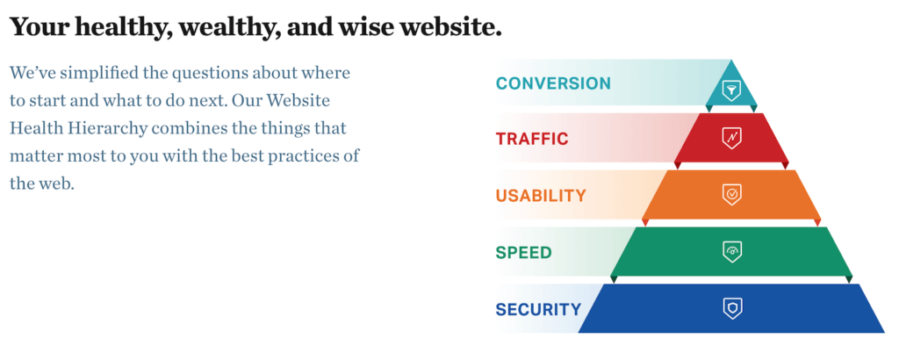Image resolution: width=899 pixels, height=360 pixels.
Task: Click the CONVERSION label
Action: point(553,83)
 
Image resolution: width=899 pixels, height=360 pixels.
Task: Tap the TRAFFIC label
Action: point(532,140)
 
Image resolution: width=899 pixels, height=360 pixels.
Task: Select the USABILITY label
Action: point(541,196)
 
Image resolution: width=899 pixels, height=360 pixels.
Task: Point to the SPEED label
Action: point(523,253)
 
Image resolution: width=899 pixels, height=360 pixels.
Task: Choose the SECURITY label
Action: point(538,310)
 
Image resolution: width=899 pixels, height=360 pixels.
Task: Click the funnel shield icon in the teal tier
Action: point(731,90)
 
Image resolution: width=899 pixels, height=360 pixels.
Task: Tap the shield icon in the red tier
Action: point(731,138)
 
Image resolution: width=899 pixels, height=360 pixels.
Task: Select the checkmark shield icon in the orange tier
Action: point(731,195)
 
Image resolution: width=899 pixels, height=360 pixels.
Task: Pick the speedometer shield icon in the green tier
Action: point(732,252)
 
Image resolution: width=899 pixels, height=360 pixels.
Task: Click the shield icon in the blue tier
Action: point(732,309)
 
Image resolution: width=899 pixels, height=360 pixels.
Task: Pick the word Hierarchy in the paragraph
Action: point(97,128)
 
